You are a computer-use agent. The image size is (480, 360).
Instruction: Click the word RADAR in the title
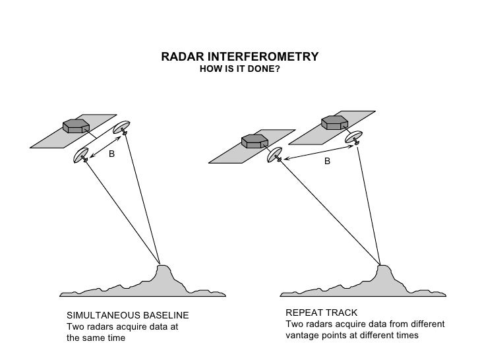[179, 57]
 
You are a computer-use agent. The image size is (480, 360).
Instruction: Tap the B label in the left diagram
[111, 154]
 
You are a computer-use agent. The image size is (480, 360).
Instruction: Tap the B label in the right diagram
[326, 160]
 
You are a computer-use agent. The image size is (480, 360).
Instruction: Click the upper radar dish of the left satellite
[122, 128]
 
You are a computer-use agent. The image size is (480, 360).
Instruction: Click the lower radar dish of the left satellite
[82, 156]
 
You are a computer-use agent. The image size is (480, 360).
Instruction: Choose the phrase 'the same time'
[96, 338]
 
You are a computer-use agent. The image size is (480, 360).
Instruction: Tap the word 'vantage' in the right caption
[302, 336]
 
